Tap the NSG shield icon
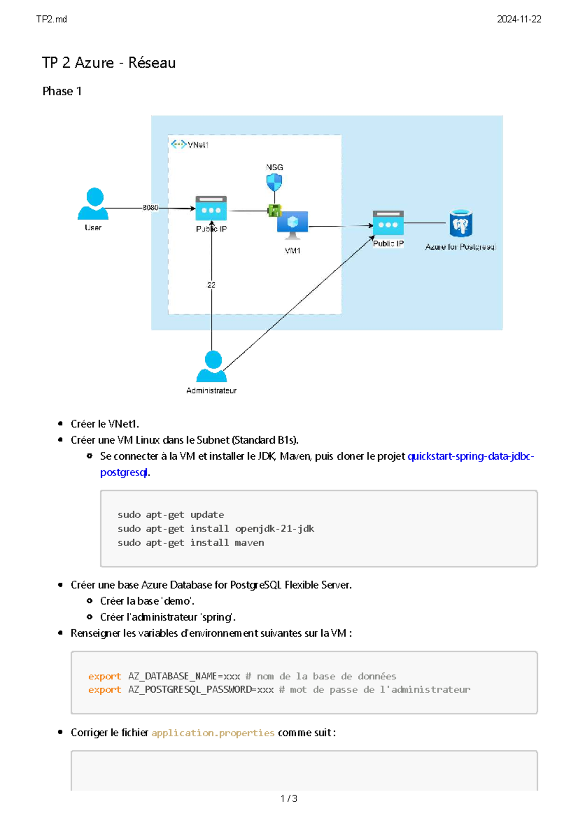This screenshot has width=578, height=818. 274,182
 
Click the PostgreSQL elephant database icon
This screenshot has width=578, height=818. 460,224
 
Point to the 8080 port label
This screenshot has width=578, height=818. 150,208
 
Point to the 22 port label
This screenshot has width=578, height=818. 211,285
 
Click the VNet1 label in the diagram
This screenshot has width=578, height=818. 198,145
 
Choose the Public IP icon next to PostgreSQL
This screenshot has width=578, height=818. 388,223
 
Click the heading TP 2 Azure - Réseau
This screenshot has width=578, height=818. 109,63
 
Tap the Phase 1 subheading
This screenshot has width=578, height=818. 62,91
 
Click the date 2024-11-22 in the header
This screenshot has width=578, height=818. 519,19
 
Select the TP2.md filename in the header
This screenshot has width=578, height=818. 52,19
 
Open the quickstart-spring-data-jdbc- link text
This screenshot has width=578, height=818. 471,456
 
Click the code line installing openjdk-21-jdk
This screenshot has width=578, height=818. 216,528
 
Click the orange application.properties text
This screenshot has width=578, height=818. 213,733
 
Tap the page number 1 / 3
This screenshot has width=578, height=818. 289,798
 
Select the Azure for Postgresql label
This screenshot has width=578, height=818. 460,247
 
